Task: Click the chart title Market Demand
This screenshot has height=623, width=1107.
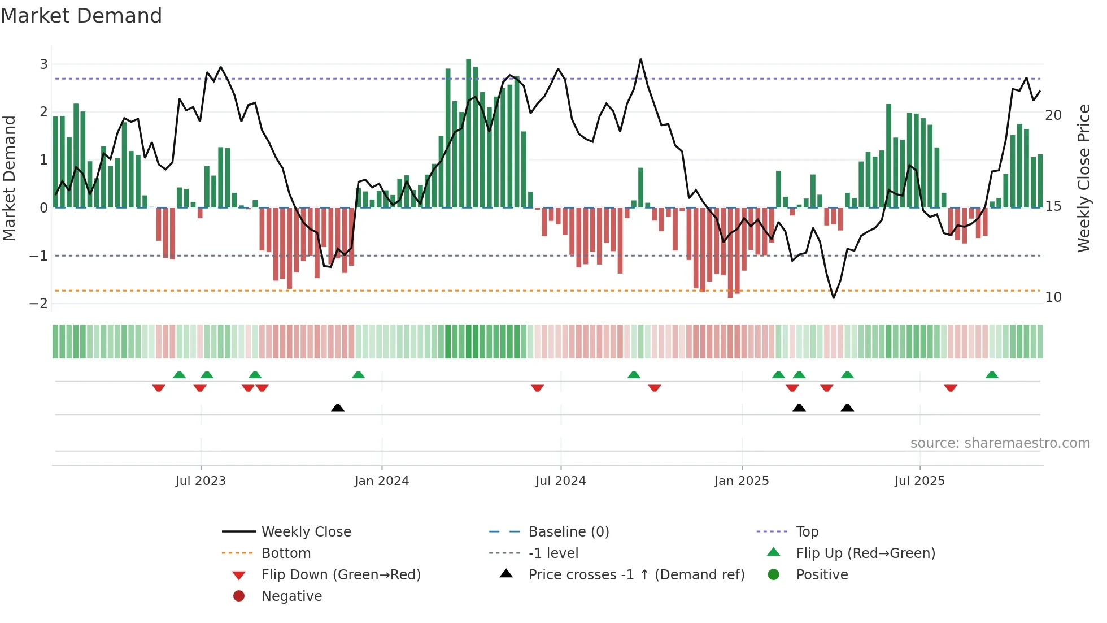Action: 81,16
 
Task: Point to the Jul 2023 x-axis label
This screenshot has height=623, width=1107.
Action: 201,481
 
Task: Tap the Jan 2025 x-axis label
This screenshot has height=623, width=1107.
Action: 742,481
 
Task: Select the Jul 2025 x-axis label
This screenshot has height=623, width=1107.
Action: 919,481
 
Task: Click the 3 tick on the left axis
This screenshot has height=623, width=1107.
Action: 43,64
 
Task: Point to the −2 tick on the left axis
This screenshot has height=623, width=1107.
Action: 39,304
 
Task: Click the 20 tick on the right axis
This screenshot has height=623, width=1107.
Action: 1053,115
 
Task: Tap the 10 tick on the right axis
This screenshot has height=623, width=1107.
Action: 1053,297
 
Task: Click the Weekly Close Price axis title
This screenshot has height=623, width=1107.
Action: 1083,178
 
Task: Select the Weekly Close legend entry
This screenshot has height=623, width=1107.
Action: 306,532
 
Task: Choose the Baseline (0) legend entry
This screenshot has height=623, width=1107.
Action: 568,532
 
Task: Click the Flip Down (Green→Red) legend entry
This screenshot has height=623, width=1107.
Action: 341,575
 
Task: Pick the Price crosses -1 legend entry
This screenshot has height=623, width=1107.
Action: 636,575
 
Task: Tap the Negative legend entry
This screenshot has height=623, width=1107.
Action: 291,596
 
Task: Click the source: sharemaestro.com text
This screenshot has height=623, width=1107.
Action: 1000,443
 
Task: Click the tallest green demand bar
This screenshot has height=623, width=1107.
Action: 468,133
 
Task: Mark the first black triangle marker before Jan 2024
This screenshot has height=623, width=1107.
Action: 338,408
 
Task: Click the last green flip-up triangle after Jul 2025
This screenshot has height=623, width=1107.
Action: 992,375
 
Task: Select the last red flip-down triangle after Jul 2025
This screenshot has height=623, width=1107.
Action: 951,388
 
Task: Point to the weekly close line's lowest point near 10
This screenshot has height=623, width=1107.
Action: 834,297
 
